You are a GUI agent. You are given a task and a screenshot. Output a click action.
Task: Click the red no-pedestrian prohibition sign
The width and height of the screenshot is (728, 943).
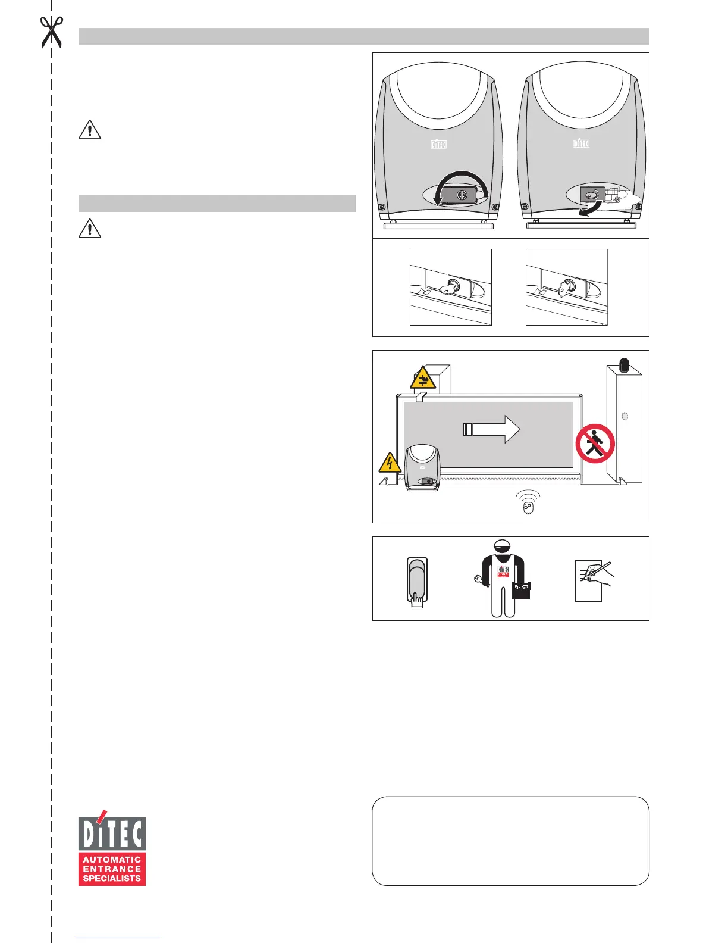pyautogui.click(x=595, y=443)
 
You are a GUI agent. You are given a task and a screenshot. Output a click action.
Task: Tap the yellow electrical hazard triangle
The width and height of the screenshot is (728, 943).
pyautogui.click(x=389, y=462)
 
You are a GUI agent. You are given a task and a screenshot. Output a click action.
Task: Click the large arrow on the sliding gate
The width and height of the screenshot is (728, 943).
pyautogui.click(x=492, y=429)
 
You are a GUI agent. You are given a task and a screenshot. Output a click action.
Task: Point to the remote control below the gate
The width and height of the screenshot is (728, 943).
pyautogui.click(x=528, y=505)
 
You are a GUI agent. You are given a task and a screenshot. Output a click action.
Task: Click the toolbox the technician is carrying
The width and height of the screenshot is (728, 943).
pyautogui.click(x=520, y=591)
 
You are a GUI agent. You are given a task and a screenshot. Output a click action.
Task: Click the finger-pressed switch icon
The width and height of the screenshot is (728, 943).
pyautogui.click(x=416, y=583)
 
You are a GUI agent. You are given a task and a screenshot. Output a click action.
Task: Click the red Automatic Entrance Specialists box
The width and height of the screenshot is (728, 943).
pyautogui.click(x=112, y=869)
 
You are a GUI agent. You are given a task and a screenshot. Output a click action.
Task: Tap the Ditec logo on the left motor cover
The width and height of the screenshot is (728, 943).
pyautogui.click(x=438, y=143)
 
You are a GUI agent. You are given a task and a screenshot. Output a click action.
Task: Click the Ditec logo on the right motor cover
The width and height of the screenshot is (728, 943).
pyautogui.click(x=581, y=143)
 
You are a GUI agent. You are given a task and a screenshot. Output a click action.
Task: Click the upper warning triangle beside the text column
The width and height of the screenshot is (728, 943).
pyautogui.click(x=90, y=129)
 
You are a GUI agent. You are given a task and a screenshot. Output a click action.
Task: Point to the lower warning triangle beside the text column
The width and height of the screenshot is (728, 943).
pyautogui.click(x=90, y=228)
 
